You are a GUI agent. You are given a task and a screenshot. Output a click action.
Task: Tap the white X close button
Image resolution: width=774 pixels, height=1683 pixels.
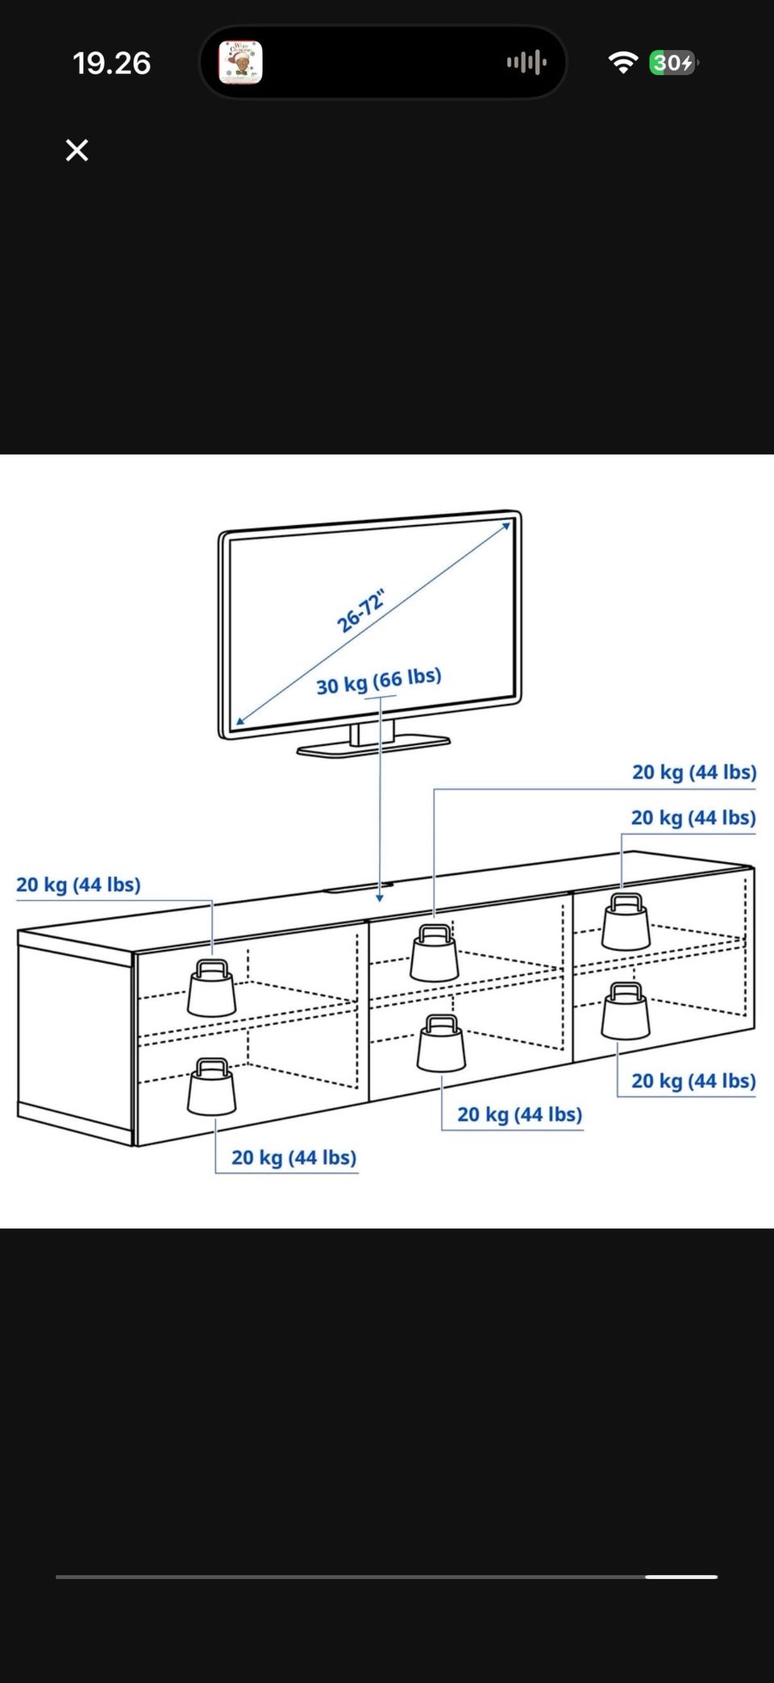click(x=77, y=150)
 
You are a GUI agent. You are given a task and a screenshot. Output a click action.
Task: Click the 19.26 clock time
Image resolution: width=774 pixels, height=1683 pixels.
click(x=111, y=63)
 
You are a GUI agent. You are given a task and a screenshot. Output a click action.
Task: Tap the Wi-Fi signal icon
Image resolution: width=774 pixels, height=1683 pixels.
click(x=622, y=62)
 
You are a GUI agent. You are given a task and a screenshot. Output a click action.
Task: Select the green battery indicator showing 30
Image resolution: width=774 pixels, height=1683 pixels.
click(x=673, y=62)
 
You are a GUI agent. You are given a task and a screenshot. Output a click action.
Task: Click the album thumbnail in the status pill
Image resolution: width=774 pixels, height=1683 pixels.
click(x=240, y=62)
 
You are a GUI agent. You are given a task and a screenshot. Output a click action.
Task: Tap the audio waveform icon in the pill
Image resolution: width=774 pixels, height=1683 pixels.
click(x=526, y=62)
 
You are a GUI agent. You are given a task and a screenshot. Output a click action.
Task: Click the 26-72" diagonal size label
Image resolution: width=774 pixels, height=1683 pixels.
click(x=360, y=611)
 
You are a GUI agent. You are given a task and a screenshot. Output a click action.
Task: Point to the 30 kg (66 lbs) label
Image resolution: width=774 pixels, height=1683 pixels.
click(x=378, y=681)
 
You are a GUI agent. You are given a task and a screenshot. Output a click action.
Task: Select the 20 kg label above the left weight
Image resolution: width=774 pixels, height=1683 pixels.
click(x=78, y=885)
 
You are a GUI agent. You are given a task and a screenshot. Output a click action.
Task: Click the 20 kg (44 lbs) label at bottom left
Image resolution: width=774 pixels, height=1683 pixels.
click(x=293, y=1157)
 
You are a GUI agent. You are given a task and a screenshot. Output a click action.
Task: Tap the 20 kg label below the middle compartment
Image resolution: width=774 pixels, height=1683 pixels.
click(x=519, y=1114)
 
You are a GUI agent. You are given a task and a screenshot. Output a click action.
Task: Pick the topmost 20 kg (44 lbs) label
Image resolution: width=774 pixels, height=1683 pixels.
click(x=693, y=772)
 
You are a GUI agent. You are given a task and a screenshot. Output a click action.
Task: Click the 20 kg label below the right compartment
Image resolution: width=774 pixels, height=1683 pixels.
click(x=693, y=1081)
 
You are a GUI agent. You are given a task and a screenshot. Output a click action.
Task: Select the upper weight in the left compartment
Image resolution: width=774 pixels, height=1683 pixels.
click(x=212, y=988)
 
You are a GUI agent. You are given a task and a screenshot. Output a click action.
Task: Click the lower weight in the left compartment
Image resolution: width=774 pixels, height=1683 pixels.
click(x=212, y=1087)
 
